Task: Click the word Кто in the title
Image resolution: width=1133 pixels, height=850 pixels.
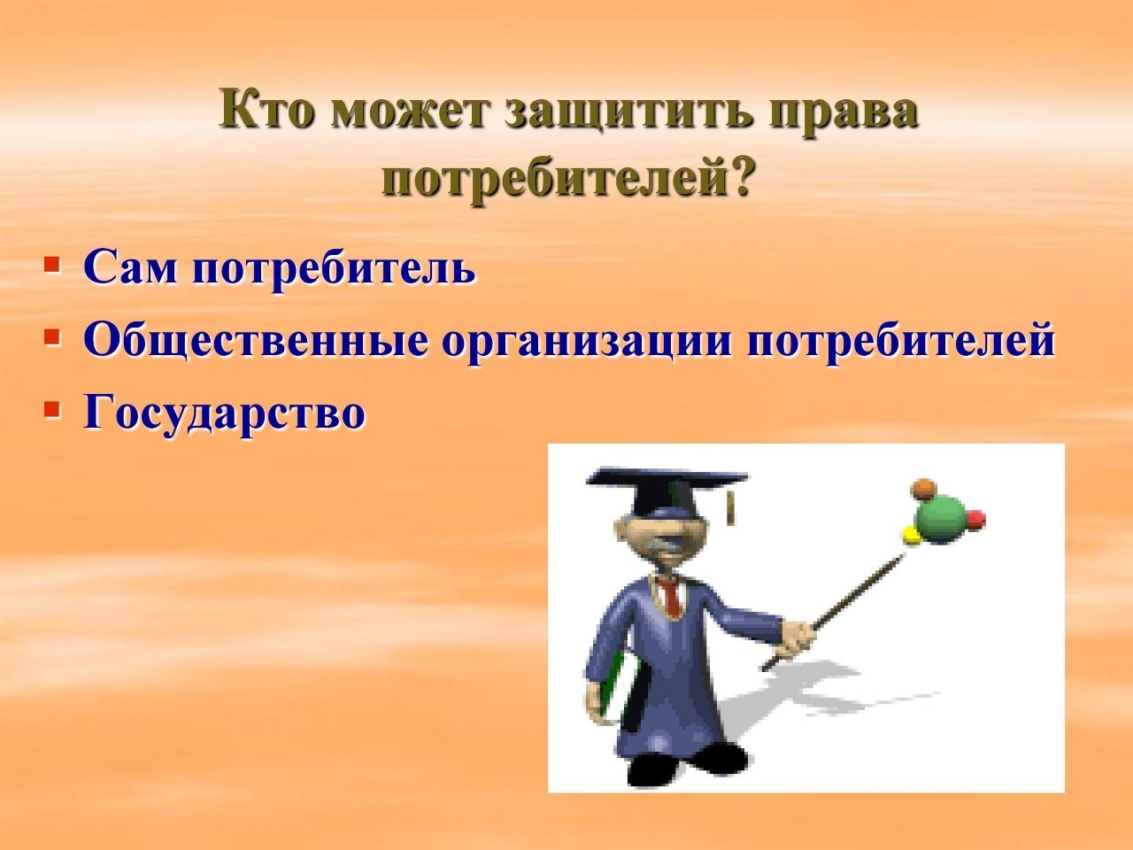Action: click(x=266, y=110)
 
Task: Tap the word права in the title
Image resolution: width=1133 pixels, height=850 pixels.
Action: click(x=842, y=113)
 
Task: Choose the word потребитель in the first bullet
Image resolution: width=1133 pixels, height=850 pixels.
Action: click(x=334, y=271)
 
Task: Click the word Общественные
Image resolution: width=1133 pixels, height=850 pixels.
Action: click(x=255, y=341)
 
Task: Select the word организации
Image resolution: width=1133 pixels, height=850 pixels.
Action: click(x=586, y=344)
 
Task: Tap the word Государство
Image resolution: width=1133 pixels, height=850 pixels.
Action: click(x=225, y=413)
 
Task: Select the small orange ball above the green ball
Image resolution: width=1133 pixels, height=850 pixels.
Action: click(x=923, y=489)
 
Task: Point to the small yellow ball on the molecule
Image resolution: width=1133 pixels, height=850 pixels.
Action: click(x=912, y=535)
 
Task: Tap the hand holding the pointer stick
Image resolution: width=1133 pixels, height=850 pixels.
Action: click(x=798, y=640)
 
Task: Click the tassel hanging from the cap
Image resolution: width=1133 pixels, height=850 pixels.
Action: click(x=730, y=508)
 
